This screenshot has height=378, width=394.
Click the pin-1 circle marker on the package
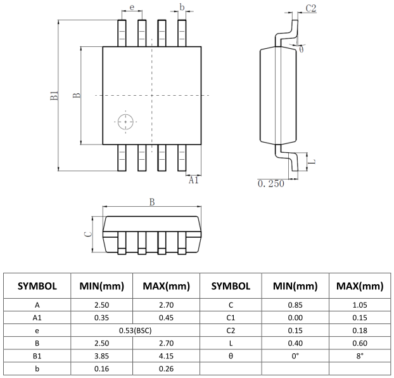coord(125,121)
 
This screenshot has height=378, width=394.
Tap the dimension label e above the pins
coord(131,7)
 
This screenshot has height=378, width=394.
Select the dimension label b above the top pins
coord(182,7)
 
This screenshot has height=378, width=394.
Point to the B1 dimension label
coord(54,96)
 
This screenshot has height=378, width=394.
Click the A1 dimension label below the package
coord(194,179)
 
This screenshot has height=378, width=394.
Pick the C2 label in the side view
coord(310,8)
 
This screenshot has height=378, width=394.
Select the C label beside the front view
coord(89,234)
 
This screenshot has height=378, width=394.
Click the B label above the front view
coord(152,202)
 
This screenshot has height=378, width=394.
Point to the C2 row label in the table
coord(231,329)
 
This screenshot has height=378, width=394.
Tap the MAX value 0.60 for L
coord(360,342)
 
